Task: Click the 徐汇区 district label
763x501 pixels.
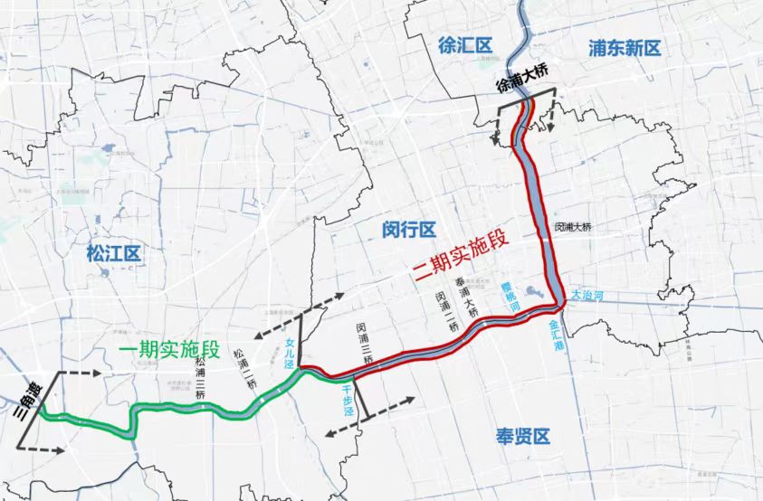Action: [x=463, y=46]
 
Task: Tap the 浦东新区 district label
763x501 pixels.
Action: [x=625, y=48]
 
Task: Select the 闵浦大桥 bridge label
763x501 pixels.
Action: [x=573, y=227]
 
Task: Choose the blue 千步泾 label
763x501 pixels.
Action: [x=347, y=397]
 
